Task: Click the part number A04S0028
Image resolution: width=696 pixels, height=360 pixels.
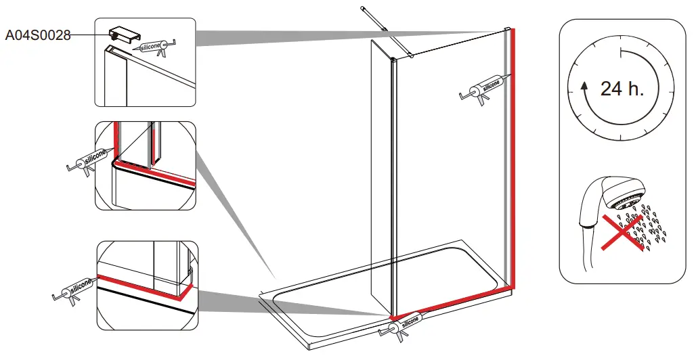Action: pyautogui.click(x=38, y=35)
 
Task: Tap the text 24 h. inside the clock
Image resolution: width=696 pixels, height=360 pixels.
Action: pyautogui.click(x=622, y=88)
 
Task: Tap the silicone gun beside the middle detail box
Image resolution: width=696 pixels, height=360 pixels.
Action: pyautogui.click(x=87, y=161)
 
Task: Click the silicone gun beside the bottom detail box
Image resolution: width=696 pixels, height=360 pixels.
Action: pyautogui.click(x=74, y=290)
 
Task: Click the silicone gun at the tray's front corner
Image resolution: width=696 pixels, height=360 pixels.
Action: pyautogui.click(x=404, y=325)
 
